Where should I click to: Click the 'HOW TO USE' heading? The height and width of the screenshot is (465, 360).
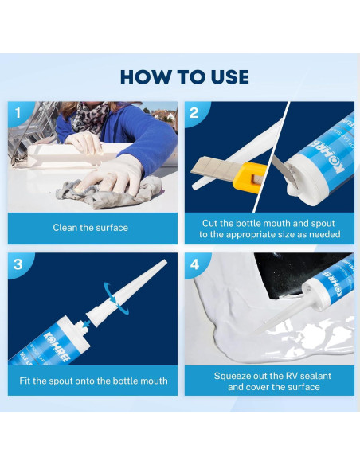pos(185,77)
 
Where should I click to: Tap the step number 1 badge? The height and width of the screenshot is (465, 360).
pos(18,113)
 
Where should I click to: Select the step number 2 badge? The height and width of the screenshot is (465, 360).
pos(194,113)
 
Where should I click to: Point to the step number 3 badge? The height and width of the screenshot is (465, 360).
pos(18,264)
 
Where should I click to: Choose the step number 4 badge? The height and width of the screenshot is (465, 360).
pos(195,264)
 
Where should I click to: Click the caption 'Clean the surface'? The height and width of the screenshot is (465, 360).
pos(91,228)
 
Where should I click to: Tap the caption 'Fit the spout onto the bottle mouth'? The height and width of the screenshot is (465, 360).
pos(93,381)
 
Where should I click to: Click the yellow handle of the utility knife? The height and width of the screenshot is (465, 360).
pos(246,178)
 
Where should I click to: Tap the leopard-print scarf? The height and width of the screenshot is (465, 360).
pos(89,117)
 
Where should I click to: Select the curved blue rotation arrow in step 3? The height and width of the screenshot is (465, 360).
pos(116,297)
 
